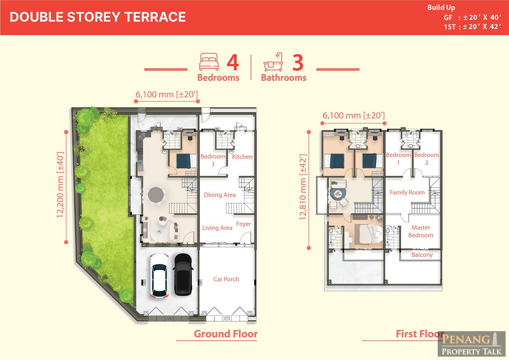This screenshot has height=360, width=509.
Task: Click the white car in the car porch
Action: coord(159,276)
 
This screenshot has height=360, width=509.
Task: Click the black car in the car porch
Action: coord(183,274)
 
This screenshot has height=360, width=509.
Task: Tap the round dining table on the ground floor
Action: coord(156,194)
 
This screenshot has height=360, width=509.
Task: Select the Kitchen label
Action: coord(242,157)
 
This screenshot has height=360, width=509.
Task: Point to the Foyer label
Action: coord(244,224)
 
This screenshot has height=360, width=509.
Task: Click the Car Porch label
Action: coord(226,279)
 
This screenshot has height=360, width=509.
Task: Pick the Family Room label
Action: coord(407,192)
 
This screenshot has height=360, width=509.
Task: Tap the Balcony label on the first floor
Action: coord(422,255)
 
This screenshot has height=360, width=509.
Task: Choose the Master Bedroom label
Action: coord(421,231)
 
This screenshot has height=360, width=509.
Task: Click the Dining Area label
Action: coord(220,195)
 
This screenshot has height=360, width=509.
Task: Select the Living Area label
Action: coord(217,228)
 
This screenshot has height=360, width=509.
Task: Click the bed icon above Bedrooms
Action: coord(209,62)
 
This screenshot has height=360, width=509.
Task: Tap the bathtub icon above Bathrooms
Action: coord(273,62)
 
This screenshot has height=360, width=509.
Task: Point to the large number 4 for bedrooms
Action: coord(233,62)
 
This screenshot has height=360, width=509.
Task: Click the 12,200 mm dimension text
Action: coord(60,185)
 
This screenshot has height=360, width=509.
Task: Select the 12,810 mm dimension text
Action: coord(303,187)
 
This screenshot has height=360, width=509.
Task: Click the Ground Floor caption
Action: coord(226,334)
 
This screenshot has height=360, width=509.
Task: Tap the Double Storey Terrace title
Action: coord(98,17)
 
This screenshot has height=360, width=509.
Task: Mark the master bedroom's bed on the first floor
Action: coord(371,234)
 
